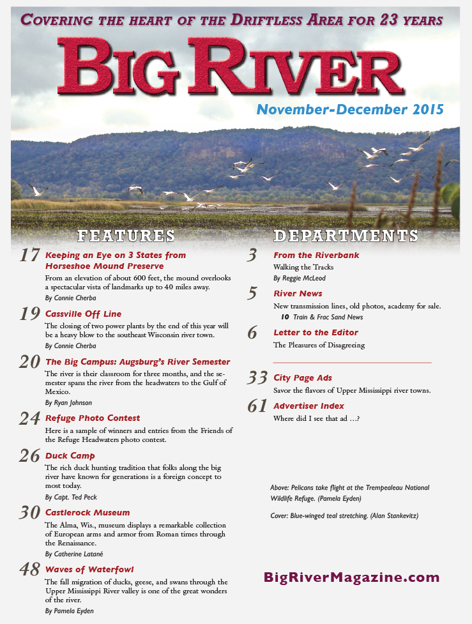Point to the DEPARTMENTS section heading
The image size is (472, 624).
(x=346, y=235)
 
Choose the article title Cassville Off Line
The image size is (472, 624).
(x=83, y=314)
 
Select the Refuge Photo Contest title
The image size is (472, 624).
(x=93, y=418)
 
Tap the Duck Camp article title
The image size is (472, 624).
(x=70, y=456)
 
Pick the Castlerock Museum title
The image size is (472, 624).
(x=88, y=512)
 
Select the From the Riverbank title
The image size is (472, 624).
(x=316, y=255)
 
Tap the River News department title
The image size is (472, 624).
(x=298, y=294)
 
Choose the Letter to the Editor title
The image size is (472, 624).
(x=316, y=332)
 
